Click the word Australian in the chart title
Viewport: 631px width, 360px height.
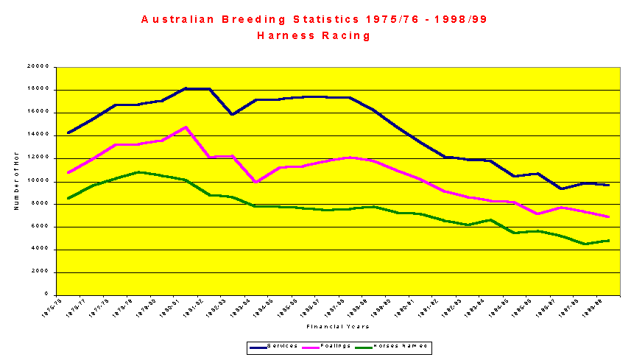click(x=177, y=19)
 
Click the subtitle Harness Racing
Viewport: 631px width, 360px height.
click(x=314, y=35)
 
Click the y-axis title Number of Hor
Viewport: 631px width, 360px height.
click(x=15, y=181)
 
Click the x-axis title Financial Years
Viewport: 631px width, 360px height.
click(x=338, y=326)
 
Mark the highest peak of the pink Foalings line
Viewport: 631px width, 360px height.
click(x=186, y=127)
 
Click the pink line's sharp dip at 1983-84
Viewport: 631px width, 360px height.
click(x=255, y=182)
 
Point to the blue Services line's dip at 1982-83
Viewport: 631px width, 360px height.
click(x=232, y=115)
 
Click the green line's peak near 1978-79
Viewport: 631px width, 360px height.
click(x=139, y=172)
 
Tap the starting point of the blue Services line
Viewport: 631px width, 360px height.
click(x=68, y=133)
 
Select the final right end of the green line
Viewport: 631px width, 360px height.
click(x=608, y=241)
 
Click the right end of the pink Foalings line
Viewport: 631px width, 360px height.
click(x=608, y=216)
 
